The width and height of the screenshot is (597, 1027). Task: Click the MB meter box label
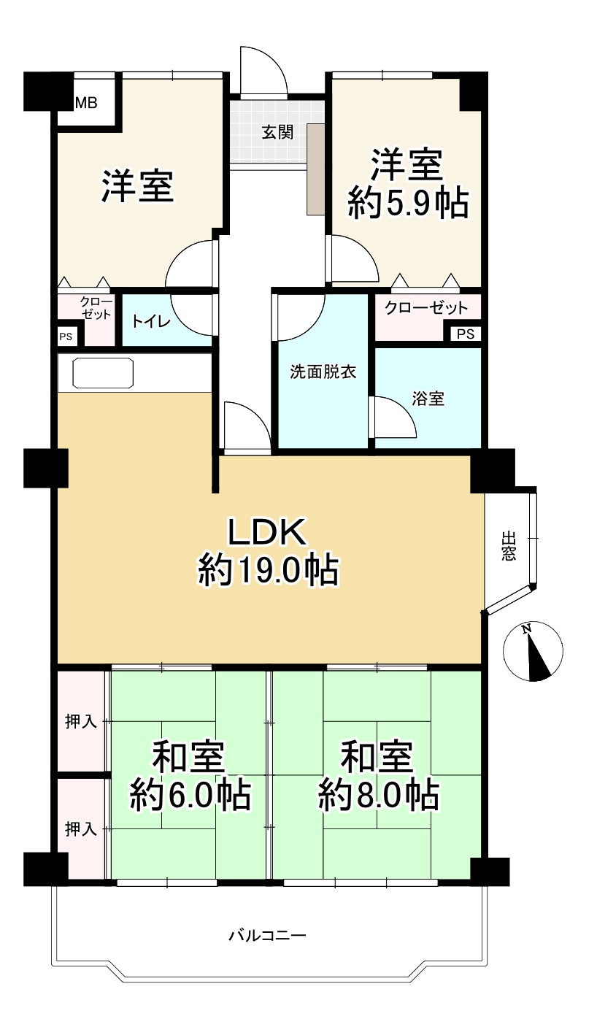click(86, 103)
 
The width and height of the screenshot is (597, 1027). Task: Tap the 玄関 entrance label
click(277, 133)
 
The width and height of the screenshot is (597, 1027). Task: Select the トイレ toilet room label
click(151, 321)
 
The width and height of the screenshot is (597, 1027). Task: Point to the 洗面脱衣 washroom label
click(323, 372)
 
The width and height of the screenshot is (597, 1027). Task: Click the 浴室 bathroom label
click(428, 399)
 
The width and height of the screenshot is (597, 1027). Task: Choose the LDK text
click(267, 531)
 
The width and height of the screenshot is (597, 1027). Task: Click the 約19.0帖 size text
click(269, 571)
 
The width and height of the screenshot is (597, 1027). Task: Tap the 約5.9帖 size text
click(408, 203)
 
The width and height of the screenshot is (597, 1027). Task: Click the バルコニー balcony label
click(267, 935)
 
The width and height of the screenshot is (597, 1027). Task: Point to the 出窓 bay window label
click(509, 545)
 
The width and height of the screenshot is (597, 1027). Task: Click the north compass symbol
click(533, 651)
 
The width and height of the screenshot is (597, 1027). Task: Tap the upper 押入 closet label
click(81, 722)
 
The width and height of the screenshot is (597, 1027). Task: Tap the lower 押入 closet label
click(81, 828)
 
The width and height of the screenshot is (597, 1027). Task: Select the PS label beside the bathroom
click(466, 334)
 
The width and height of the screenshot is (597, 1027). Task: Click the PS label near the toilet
click(66, 336)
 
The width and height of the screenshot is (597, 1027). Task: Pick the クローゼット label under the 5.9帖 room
click(426, 307)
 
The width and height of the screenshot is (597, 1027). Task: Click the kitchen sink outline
click(103, 373)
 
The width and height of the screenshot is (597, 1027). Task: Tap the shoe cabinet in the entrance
click(315, 169)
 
